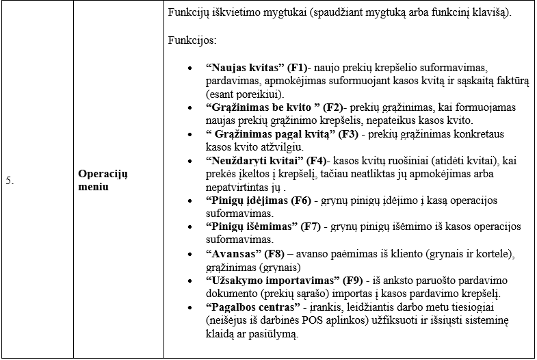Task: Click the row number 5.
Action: [10, 181]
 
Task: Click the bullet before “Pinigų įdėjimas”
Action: [189, 201]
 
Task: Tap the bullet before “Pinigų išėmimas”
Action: [189, 227]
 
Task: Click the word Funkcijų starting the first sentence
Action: [187, 14]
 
